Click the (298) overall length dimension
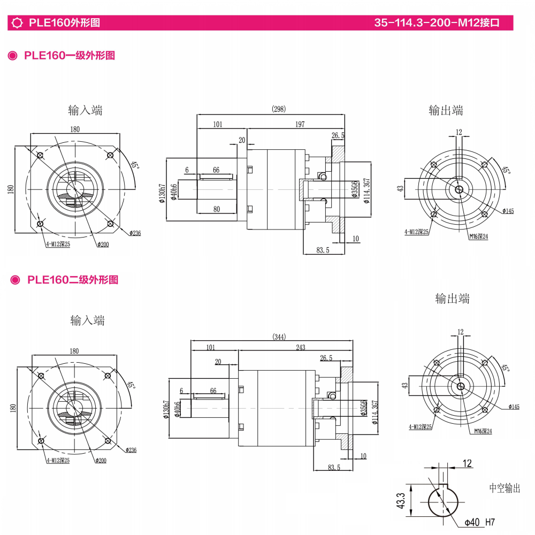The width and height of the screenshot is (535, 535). (279, 109)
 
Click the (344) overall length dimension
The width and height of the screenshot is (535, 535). (279, 337)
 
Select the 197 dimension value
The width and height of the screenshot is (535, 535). (300, 124)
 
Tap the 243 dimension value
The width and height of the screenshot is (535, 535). (300, 347)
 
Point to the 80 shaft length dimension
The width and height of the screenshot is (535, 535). (216, 209)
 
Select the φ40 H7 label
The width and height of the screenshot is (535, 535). (479, 522)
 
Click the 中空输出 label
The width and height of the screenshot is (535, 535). (504, 488)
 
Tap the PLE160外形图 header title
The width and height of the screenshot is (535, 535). (64, 23)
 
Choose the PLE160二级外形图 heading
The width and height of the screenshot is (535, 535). (72, 279)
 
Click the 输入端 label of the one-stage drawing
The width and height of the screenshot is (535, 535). (85, 110)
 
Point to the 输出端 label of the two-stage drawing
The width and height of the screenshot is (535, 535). (452, 298)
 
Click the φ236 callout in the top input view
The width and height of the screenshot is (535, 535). (134, 233)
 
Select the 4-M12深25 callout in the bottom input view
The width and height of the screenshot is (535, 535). (58, 460)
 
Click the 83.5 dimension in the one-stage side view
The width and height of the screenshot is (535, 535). (322, 250)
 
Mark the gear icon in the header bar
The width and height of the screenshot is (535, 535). (17, 23)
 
